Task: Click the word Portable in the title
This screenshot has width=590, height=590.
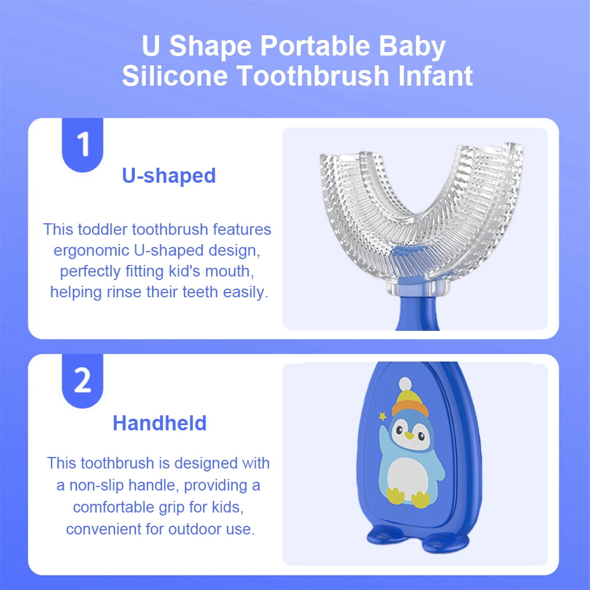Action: tap(315, 46)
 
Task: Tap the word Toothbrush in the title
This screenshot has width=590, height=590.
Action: tap(313, 76)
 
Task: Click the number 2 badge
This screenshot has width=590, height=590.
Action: tap(82, 381)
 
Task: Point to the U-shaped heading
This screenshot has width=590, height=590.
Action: tap(169, 176)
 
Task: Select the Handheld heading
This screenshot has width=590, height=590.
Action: tap(160, 423)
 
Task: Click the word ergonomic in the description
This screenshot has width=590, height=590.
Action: tap(91, 250)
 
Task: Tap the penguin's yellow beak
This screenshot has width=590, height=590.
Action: tap(409, 436)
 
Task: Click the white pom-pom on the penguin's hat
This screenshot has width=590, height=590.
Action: tap(405, 384)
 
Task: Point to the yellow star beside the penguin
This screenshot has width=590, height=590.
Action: tap(383, 416)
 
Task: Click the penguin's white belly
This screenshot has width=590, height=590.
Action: tap(408, 478)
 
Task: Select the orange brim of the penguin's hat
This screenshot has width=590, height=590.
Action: tap(410, 408)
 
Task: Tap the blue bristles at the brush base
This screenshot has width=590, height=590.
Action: tap(408, 252)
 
